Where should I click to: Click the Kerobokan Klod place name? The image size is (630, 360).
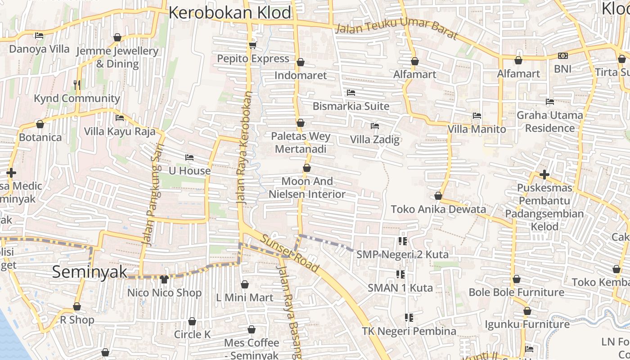click(230, 13)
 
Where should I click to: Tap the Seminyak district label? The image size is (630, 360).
click(90, 272)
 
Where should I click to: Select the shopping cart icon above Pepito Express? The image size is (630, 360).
click(252, 45)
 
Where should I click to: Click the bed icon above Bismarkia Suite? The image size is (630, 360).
click(351, 93)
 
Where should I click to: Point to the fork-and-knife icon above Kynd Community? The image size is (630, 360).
click(77, 85)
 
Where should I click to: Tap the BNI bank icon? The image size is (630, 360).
click(562, 56)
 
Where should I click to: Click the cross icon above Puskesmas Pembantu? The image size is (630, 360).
click(544, 174)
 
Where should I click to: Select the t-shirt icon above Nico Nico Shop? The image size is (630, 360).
click(164, 279)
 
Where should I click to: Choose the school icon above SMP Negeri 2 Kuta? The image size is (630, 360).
click(402, 241)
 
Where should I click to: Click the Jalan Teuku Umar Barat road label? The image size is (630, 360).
click(396, 33)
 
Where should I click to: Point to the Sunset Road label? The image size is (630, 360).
click(291, 254)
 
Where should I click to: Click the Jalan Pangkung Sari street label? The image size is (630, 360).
click(153, 194)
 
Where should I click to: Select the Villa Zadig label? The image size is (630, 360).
click(375, 139)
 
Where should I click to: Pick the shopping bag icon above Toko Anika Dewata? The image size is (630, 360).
click(438, 196)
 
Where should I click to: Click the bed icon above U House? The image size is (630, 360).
click(189, 157)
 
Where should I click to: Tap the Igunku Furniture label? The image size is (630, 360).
click(527, 324)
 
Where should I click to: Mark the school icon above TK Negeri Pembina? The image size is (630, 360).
click(409, 318)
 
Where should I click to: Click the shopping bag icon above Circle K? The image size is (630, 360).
click(192, 321)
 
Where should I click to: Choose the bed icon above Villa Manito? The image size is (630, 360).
click(477, 116)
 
